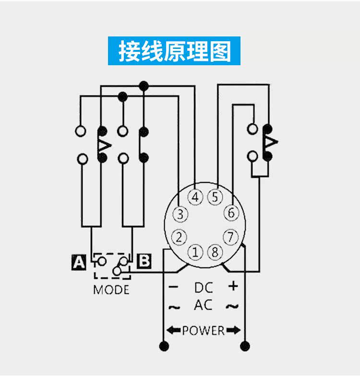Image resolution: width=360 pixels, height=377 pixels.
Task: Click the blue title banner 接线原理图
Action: click(x=174, y=51)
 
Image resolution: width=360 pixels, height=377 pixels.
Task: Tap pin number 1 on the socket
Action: click(x=195, y=252)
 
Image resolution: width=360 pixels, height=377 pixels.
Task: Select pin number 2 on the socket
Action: click(x=179, y=236)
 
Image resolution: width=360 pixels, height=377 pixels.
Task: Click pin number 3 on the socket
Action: click(x=180, y=214)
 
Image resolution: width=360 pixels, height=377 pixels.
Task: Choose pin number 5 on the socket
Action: click(x=215, y=197)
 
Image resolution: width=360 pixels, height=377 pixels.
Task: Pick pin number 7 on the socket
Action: click(x=231, y=236)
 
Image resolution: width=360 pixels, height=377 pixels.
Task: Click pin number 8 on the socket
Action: click(x=214, y=252)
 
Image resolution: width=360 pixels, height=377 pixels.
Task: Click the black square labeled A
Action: click(x=78, y=262)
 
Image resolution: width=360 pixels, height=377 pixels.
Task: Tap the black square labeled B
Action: click(x=144, y=261)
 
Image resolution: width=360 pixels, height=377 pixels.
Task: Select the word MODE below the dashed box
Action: click(x=111, y=290)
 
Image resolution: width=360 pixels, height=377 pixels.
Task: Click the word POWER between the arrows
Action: click(x=203, y=330)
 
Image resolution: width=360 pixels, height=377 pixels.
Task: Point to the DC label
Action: click(x=204, y=287)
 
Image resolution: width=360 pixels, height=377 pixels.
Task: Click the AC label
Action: click(x=204, y=305)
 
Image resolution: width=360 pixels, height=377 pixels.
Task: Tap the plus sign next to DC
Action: click(x=233, y=286)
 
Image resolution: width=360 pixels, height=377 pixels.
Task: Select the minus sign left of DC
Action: click(x=174, y=287)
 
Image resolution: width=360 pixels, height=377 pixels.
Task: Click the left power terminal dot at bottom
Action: click(x=164, y=345)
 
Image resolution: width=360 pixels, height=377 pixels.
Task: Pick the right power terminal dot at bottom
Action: click(x=245, y=345)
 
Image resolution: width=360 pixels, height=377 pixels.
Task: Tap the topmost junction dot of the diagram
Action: click(x=143, y=86)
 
